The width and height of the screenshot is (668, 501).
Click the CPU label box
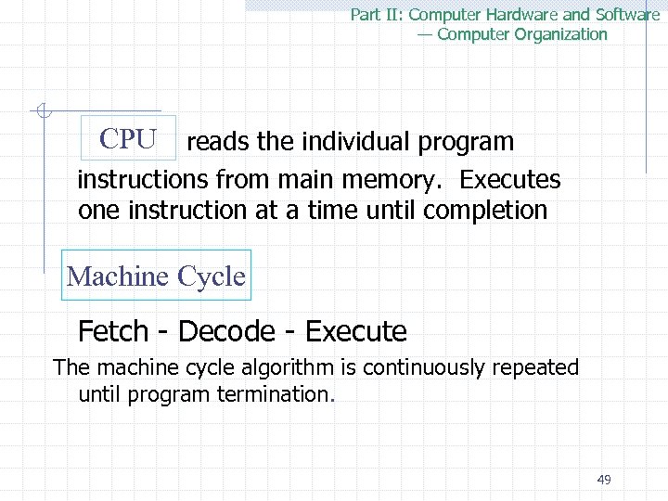pos(128,139)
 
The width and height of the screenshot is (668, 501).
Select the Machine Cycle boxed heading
pos(156,276)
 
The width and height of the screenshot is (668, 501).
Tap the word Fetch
pos(113,331)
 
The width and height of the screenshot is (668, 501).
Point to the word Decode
pos(226,331)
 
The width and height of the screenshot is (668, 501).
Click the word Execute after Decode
pos(355,331)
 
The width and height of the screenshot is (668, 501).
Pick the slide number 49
pos(604,480)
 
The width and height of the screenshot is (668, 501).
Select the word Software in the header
pos(626,15)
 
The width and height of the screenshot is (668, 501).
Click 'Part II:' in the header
pos(377,15)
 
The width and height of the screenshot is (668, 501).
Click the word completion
pos(485,211)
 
